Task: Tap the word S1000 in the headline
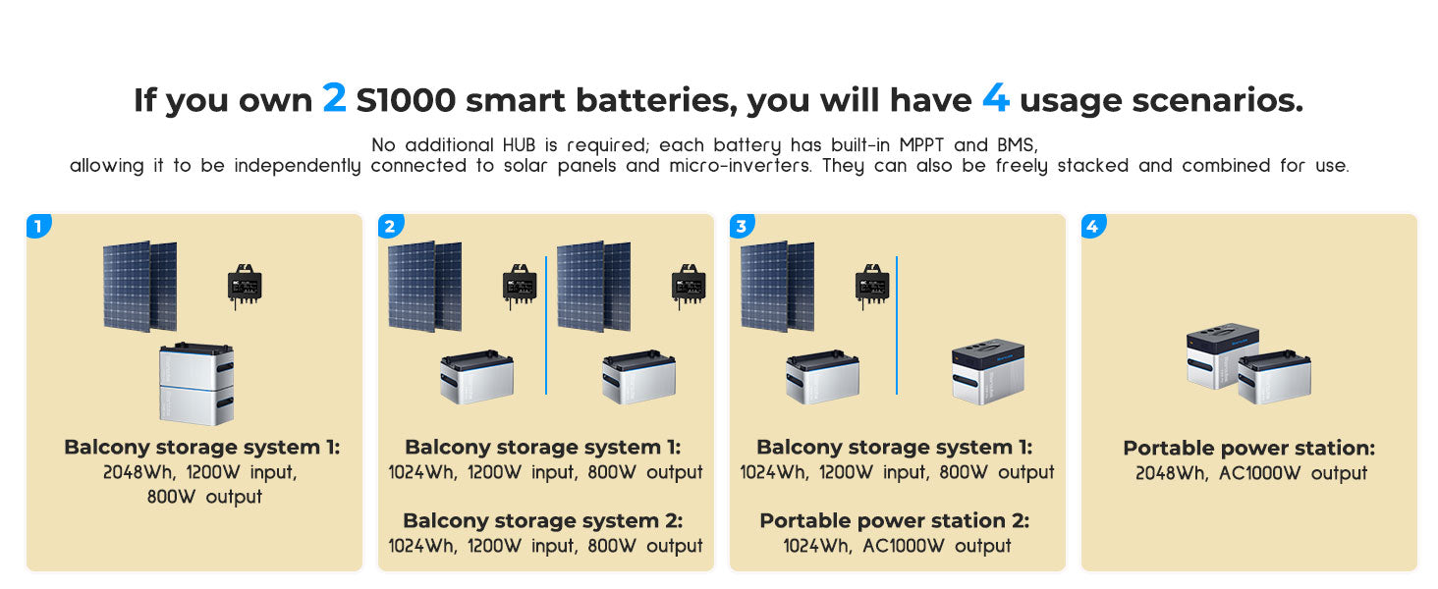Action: tap(406, 100)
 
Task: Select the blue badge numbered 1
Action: tap(38, 226)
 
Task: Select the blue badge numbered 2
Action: tap(390, 226)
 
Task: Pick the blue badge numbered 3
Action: tap(743, 226)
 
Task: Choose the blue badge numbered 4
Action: tap(1093, 226)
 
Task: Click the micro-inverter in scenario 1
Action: tap(245, 286)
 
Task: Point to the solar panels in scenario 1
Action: tap(139, 287)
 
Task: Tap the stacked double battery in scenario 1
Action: tap(196, 384)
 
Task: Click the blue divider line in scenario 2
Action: tap(546, 325)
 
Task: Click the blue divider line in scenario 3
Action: tap(897, 325)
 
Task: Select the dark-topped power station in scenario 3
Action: tap(988, 371)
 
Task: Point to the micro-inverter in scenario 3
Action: tap(872, 286)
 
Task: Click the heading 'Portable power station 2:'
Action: tap(894, 520)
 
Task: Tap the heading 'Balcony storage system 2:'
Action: tap(543, 520)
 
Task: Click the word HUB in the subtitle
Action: tap(519, 145)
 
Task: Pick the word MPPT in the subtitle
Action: tap(922, 145)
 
